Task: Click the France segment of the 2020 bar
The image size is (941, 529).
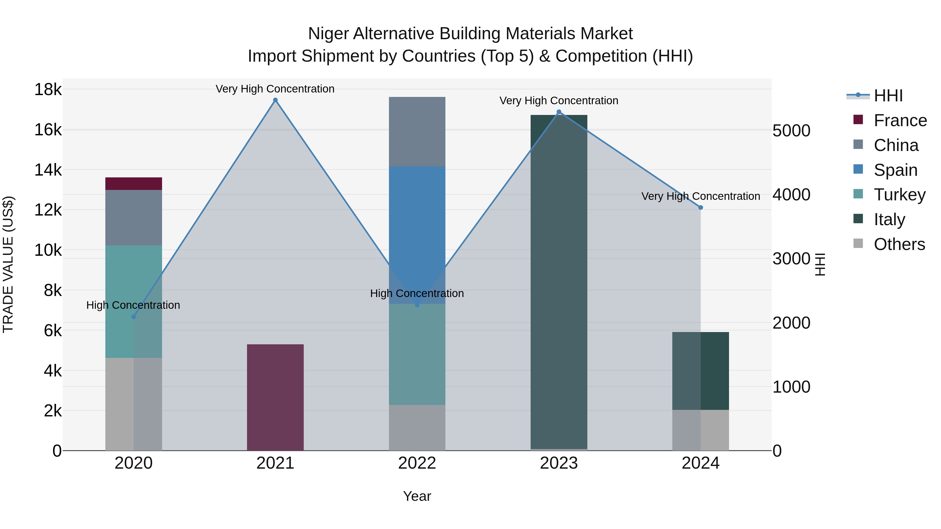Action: [x=133, y=183]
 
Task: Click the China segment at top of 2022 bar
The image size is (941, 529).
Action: [x=417, y=131]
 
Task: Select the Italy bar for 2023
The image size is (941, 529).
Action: [x=559, y=281]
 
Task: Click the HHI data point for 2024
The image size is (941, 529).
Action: [x=701, y=207]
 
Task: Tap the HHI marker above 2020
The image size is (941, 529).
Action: [x=134, y=317]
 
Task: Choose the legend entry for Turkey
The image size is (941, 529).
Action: [x=899, y=195]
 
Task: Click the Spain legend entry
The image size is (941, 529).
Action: [x=895, y=170]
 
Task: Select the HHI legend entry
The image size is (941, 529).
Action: [x=888, y=96]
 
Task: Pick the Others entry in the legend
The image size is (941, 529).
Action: [x=899, y=244]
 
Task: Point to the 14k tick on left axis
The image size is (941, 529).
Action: [x=48, y=170]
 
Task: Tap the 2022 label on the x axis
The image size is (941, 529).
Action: [x=417, y=463]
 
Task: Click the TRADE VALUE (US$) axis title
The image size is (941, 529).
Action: [x=8, y=264]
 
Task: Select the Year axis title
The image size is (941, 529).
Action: [x=417, y=496]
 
